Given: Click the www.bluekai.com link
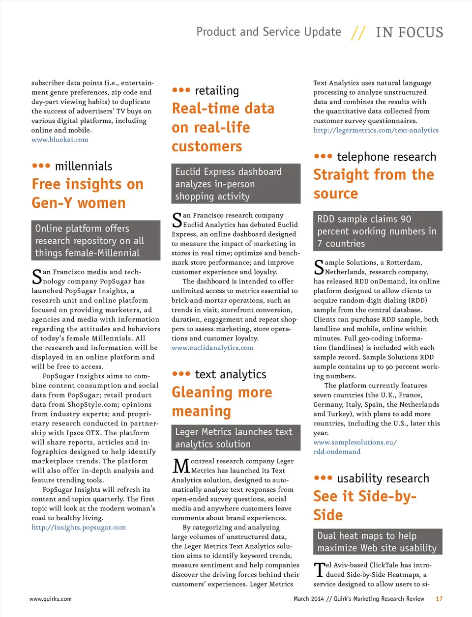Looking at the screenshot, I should tap(60, 140).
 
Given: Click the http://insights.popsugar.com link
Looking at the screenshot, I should tap(79, 528).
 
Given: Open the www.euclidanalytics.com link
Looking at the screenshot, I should tap(212, 348).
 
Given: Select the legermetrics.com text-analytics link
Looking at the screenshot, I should tap(376, 130).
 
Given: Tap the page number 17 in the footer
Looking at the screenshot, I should tap(439, 599).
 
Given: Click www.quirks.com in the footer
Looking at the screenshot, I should tap(50, 599).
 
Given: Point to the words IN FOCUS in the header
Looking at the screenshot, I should tap(409, 32).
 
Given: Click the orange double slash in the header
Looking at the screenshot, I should tap(358, 33).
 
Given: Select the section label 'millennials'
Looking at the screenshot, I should tap(84, 166).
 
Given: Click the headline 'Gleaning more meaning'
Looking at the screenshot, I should tap(221, 401).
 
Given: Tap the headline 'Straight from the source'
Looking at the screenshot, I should tap(373, 184).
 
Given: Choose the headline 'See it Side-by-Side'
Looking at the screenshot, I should tap(364, 505).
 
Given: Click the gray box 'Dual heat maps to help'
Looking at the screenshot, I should tap(377, 542).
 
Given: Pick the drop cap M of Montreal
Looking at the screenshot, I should tap(181, 466).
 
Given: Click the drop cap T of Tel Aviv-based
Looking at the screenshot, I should tap(319, 570).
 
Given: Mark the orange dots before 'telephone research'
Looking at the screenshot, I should tap(323, 157).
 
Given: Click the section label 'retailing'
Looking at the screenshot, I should tap(217, 90).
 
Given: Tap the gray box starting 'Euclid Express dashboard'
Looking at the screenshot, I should tap(236, 184).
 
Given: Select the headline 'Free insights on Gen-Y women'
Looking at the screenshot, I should tap(88, 194).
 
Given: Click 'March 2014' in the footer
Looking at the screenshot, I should tap(308, 599).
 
